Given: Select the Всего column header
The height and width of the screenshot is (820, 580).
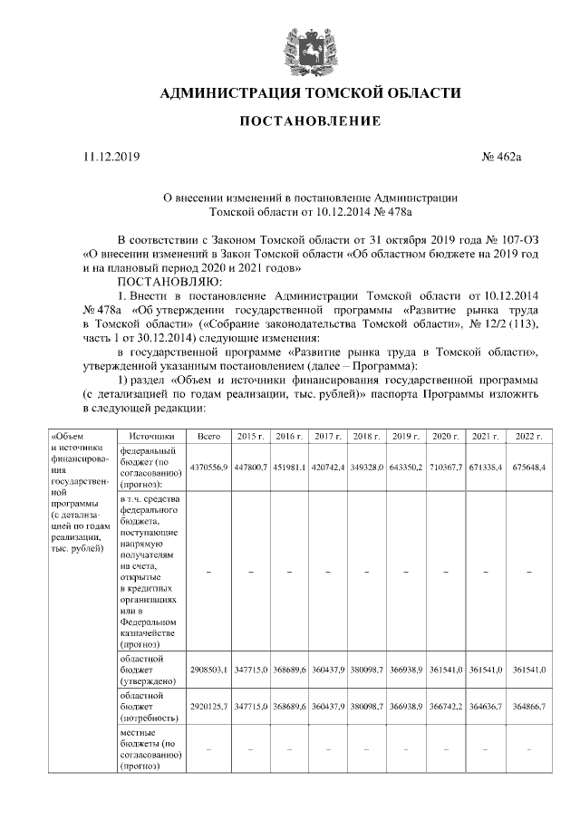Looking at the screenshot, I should (x=209, y=437).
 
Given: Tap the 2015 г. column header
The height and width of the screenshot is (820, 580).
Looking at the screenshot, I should (x=250, y=437).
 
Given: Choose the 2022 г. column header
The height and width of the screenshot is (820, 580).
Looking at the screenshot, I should (x=528, y=437).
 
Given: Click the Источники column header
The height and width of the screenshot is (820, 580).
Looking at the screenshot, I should (x=150, y=437).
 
